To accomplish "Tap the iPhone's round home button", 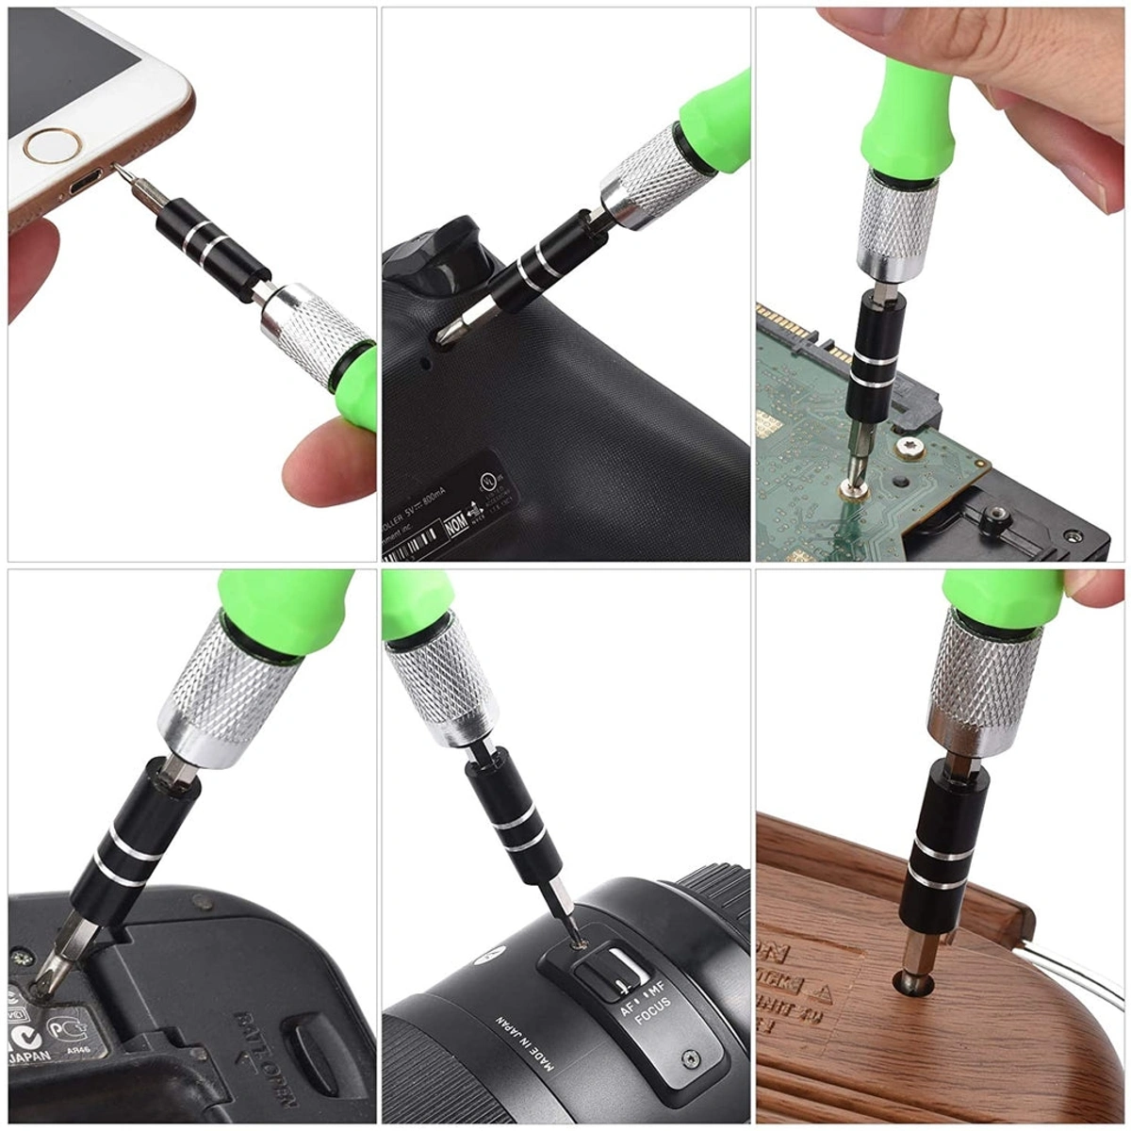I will pos(53,145).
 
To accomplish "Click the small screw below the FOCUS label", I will pos(691,1058).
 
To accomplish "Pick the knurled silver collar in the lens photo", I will pos(441,680).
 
